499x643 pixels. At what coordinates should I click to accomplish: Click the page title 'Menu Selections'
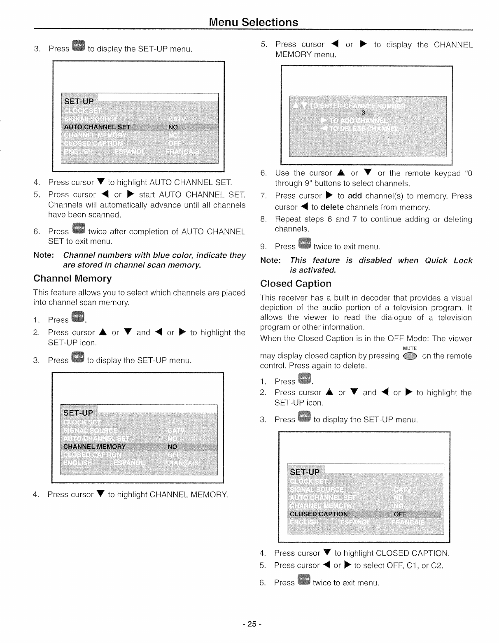coord(253,22)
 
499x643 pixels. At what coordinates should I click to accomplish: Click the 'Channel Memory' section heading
coord(72,279)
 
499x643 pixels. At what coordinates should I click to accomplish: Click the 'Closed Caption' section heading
coord(296,284)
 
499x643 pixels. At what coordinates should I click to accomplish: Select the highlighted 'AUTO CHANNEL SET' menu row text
coord(97,127)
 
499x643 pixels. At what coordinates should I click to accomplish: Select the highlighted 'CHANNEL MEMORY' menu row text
coord(95,447)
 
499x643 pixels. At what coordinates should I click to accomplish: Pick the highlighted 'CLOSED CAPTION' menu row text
coord(319,514)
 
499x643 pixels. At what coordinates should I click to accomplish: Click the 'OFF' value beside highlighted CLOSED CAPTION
coord(400,514)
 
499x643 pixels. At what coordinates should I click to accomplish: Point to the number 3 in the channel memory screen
coord(363,113)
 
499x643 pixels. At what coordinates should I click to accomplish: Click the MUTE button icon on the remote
coord(410,356)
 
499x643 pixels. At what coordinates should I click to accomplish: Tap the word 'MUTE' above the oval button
coord(410,348)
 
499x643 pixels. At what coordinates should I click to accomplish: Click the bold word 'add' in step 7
coord(354,196)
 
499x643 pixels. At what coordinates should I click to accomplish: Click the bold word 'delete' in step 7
coord(332,207)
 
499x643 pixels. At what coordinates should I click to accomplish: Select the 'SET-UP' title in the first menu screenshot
coord(79,101)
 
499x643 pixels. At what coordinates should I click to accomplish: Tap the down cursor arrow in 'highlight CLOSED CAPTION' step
coord(327,553)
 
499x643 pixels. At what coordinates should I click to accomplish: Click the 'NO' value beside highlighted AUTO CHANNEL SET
coord(173,127)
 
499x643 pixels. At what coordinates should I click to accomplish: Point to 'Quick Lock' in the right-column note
coord(448,261)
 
